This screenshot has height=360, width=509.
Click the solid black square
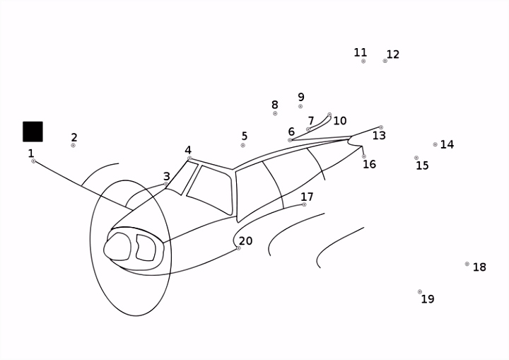point(33,132)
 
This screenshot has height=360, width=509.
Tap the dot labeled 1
point(33,161)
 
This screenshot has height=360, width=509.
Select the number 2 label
point(74,137)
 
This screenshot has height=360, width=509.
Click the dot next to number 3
point(166,184)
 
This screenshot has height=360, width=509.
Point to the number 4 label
point(188,150)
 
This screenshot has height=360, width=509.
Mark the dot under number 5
point(242,145)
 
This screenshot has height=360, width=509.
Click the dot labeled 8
point(275,113)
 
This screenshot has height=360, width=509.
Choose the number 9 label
point(301,97)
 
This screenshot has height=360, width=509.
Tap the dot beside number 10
point(329,115)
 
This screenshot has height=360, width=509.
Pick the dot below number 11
point(363,61)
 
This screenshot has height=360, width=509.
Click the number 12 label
point(393,54)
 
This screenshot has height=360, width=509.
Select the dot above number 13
point(381,127)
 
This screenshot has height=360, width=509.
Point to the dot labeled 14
point(435,144)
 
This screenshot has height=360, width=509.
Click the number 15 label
point(422,166)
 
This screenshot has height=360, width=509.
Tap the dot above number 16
point(364,156)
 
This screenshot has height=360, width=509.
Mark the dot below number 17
point(304,204)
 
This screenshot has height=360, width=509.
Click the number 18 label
point(479,267)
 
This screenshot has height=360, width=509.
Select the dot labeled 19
point(420,292)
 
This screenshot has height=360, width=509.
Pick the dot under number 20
point(239,248)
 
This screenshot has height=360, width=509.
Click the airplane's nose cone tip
point(104,250)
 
